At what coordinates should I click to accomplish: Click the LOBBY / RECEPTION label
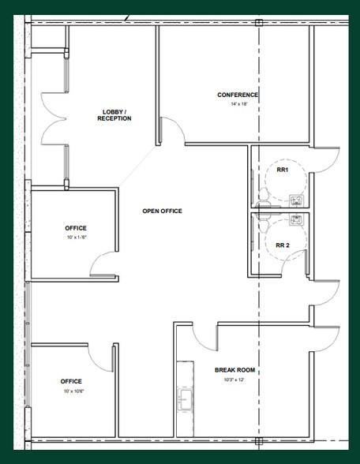(114, 115)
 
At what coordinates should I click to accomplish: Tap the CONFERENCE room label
(238, 95)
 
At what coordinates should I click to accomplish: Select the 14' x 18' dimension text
(238, 104)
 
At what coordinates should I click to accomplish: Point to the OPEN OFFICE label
(162, 211)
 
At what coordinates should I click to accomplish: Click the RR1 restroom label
(281, 170)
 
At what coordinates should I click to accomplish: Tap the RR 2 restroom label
(282, 245)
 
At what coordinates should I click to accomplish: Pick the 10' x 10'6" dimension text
(72, 391)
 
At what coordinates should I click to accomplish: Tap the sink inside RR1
(297, 200)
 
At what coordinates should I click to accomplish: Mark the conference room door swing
(169, 131)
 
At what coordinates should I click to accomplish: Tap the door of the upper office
(104, 264)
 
